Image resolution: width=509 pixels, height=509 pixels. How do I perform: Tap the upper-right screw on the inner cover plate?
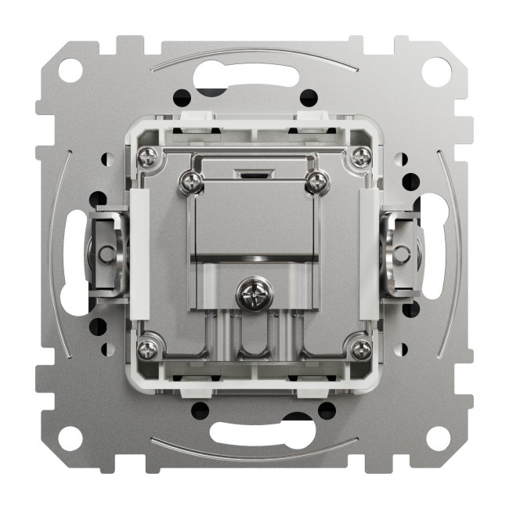pyautogui.click(x=316, y=182)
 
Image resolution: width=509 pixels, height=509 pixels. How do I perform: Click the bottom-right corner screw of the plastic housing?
pyautogui.click(x=359, y=348)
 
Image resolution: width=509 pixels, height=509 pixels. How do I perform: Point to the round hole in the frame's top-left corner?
pyautogui.click(x=70, y=70)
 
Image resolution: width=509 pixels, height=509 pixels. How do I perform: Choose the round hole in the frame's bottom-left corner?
pyautogui.click(x=70, y=437)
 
